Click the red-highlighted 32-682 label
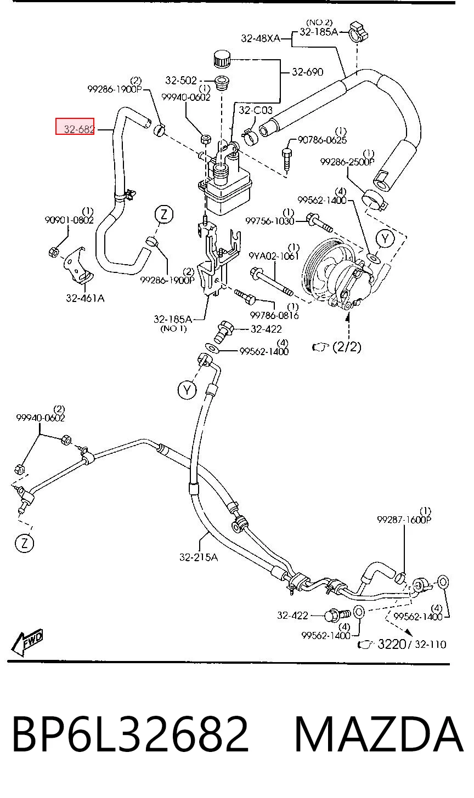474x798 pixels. (x=75, y=127)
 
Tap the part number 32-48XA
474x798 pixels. (x=261, y=38)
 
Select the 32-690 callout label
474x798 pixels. (x=307, y=72)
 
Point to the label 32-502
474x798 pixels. (x=181, y=81)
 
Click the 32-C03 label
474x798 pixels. (x=255, y=110)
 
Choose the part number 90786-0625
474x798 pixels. (x=322, y=140)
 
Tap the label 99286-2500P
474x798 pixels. (x=347, y=162)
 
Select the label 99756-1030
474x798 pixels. (x=269, y=221)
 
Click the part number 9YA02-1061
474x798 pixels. (x=274, y=256)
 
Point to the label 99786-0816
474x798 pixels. (x=274, y=315)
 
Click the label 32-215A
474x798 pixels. (x=198, y=557)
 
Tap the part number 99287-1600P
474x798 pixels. (x=404, y=520)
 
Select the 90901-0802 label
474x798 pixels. (x=69, y=220)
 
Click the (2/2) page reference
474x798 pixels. (x=347, y=346)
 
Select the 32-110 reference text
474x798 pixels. (x=431, y=645)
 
